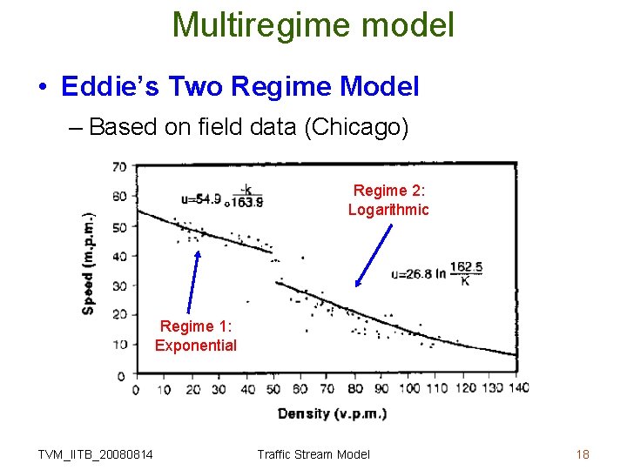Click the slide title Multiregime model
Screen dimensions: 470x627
click(x=313, y=24)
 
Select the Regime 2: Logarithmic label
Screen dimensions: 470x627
click(x=388, y=199)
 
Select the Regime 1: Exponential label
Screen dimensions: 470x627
click(x=196, y=336)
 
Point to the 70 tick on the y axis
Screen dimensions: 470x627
click(x=119, y=167)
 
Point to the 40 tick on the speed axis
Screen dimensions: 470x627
click(x=119, y=256)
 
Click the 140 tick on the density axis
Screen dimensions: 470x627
click(x=518, y=388)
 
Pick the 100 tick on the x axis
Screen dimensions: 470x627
click(x=409, y=388)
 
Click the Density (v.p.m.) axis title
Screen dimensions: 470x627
click(x=332, y=413)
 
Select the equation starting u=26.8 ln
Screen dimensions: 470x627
click(x=438, y=272)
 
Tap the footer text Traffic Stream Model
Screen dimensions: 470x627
click(x=313, y=453)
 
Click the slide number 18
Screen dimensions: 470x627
click(x=583, y=453)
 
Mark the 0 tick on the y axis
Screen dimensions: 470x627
click(x=122, y=375)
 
